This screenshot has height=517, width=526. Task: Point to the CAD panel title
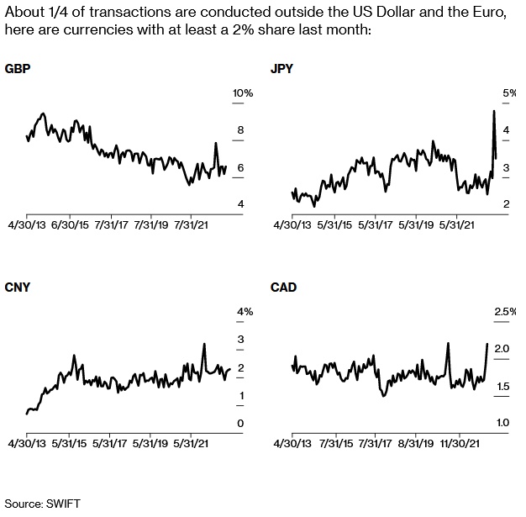(282, 288)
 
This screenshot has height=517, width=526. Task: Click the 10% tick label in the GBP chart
(242, 92)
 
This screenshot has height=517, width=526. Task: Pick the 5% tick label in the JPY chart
(509, 92)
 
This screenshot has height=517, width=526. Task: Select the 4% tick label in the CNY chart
(245, 312)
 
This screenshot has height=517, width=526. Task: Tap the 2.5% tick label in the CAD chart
(504, 312)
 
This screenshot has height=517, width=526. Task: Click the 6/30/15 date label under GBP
(71, 225)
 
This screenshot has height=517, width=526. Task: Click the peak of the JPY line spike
(493, 110)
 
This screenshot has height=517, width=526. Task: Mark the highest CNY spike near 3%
(204, 343)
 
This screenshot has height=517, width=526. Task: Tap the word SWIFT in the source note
(63, 503)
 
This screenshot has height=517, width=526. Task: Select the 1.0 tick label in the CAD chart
(502, 423)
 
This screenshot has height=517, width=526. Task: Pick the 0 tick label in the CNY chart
(240, 423)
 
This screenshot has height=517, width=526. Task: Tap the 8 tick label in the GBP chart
(240, 130)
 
